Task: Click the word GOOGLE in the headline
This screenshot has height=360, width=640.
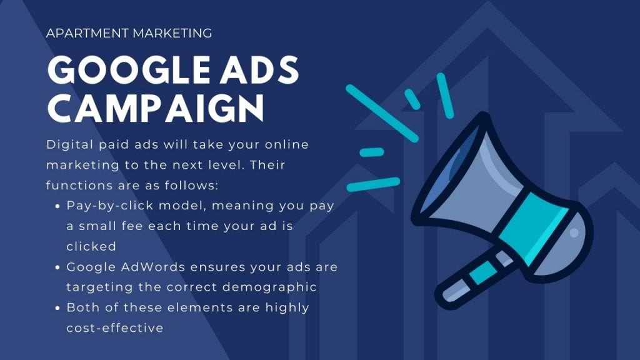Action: coord(128,70)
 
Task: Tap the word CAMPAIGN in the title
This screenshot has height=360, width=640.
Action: coord(156,108)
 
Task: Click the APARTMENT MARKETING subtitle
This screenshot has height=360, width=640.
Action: coord(129,33)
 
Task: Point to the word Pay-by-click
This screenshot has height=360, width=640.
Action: coord(110,206)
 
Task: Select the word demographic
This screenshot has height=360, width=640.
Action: coord(269,287)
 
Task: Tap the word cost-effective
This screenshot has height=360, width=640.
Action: coord(115,327)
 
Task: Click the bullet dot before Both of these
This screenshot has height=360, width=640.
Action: coord(57,308)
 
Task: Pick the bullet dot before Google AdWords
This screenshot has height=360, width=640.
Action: coord(57,267)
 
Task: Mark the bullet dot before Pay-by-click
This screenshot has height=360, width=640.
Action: coord(57,206)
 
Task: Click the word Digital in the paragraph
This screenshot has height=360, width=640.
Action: coord(69,145)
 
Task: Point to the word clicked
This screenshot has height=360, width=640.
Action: coord(91,246)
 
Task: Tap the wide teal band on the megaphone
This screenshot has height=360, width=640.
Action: coord(532,229)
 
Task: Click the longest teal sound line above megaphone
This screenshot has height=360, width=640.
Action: coord(382,113)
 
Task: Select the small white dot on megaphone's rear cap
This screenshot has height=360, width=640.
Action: coord(574,233)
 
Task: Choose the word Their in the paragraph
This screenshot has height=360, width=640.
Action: coord(267,165)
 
